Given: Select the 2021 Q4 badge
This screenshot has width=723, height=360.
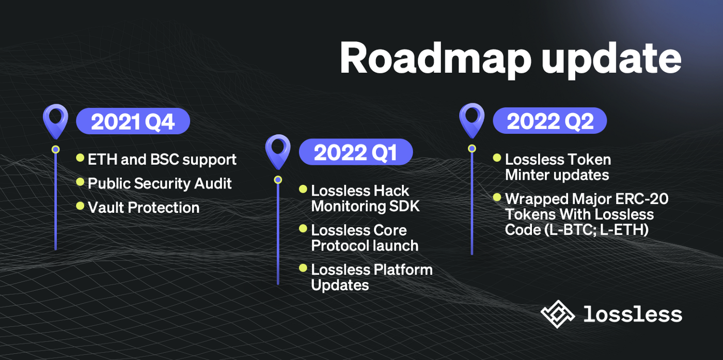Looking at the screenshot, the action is (133, 122).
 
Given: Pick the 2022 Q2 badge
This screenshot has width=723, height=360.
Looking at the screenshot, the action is (549, 121).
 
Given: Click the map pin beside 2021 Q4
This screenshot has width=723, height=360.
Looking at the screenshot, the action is (55, 120).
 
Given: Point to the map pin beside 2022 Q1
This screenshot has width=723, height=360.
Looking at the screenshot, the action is (278, 151).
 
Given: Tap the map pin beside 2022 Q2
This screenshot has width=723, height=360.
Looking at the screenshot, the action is (471, 119).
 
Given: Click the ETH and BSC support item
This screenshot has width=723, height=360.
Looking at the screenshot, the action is (162, 160).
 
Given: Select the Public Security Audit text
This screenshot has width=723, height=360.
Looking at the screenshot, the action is (160, 183).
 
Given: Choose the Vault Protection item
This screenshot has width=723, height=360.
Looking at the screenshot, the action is (144, 208).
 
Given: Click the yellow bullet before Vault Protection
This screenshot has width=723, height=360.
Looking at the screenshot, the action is (80, 206).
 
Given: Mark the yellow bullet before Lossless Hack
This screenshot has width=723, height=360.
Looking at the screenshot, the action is (303, 189).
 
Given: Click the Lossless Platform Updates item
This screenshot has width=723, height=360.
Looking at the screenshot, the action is (371, 277).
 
